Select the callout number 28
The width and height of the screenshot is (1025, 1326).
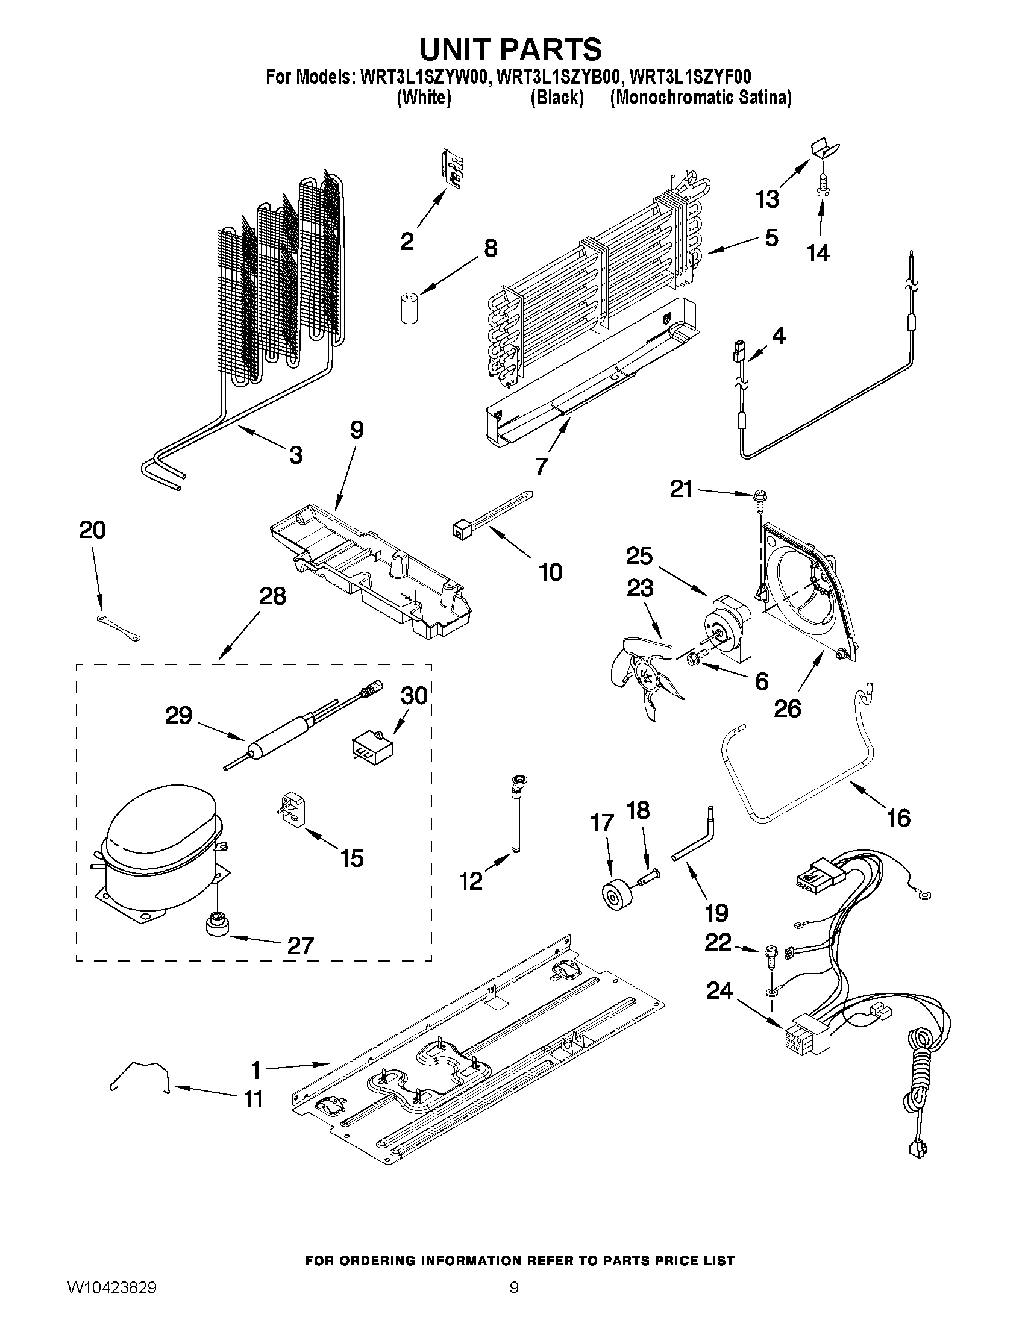point(272,596)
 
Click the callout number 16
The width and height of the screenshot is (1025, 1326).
point(898,818)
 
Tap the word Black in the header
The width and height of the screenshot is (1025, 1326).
point(556,98)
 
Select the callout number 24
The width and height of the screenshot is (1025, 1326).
point(719,992)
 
